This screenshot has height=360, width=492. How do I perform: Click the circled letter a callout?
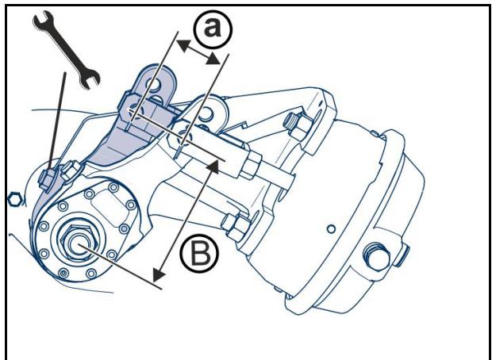pyautogui.click(x=213, y=29)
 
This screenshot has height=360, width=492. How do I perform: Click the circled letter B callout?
pyautogui.click(x=199, y=254)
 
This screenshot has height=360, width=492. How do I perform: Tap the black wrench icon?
pyautogui.click(x=67, y=50)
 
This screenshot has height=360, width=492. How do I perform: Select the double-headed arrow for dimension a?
pyautogui.click(x=198, y=52)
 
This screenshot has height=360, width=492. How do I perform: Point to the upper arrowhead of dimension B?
pyautogui.click(x=213, y=166)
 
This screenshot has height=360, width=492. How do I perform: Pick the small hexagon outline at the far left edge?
pyautogui.click(x=14, y=200)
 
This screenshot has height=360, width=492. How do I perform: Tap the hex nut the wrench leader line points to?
pyautogui.click(x=47, y=180)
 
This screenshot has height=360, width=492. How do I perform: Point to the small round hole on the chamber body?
pyautogui.click(x=331, y=229)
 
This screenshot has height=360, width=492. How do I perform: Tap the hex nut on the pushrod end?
pyautogui.click(x=251, y=165)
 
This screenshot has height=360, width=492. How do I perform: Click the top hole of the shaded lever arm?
pyautogui.click(x=154, y=85)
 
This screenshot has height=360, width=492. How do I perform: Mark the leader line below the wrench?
pyautogui.click(x=57, y=121)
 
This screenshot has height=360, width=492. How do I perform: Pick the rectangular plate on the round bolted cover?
pyautogui.click(x=107, y=209)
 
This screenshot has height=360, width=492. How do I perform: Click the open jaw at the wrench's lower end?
pyautogui.click(x=90, y=79)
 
